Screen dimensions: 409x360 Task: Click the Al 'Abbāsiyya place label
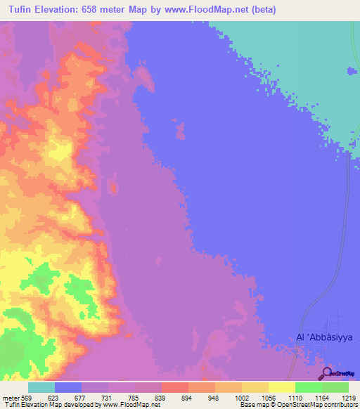(322, 337)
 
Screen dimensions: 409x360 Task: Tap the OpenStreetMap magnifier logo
(326, 373)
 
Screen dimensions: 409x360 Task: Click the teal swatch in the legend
(41, 387)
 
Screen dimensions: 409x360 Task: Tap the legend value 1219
(348, 397)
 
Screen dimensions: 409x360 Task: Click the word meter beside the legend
(11, 397)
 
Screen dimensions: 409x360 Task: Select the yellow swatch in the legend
(281, 387)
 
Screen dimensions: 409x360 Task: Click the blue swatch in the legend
(68, 387)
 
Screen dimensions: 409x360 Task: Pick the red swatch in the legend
(175, 387)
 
